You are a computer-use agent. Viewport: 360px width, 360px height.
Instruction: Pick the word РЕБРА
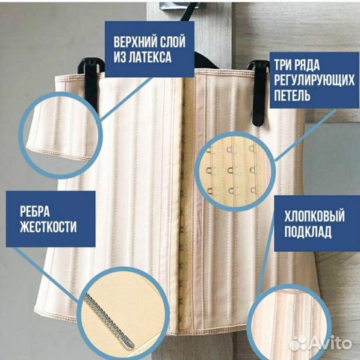32,212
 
